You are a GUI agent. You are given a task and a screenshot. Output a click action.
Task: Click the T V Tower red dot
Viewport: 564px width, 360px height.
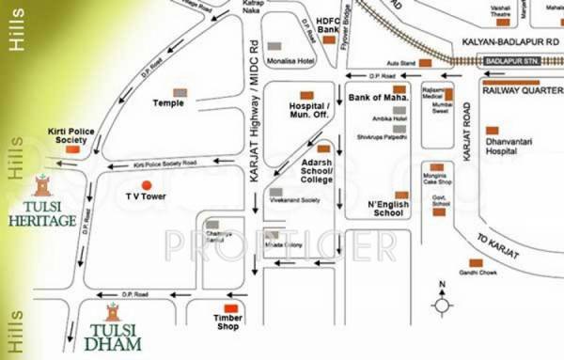coord(146,185)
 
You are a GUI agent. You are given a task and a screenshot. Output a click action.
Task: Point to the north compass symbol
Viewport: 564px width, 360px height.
coord(442,302)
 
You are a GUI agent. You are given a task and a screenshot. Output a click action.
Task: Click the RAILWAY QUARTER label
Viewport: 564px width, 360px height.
coord(522,90)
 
